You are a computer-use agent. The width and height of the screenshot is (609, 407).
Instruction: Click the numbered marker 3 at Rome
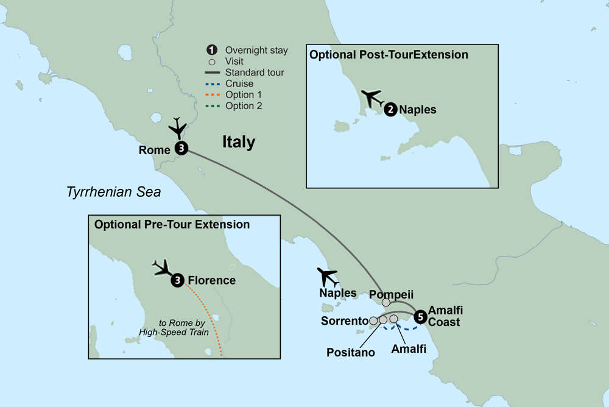(181, 148)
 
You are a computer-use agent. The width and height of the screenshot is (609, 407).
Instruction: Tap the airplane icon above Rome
(178, 128)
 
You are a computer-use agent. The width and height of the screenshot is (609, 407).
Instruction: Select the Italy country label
(238, 143)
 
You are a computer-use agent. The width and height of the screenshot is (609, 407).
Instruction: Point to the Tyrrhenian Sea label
(113, 193)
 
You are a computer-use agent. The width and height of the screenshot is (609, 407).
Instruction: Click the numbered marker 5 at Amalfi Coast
(420, 317)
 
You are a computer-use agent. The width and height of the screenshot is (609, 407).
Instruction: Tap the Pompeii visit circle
(386, 303)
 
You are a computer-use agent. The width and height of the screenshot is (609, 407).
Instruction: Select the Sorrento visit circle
(373, 320)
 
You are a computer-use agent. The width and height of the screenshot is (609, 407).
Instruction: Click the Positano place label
(351, 352)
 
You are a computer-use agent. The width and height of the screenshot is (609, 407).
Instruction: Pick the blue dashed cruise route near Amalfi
(400, 330)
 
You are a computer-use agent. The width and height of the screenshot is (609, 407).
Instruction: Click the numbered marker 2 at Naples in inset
(390, 110)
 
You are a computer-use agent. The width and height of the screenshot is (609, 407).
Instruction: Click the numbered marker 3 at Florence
(177, 280)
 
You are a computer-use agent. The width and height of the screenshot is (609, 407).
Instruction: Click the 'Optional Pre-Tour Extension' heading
(172, 225)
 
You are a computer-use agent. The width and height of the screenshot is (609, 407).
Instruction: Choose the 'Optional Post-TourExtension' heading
(389, 55)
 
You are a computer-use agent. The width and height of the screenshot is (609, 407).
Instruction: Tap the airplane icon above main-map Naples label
(328, 277)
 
